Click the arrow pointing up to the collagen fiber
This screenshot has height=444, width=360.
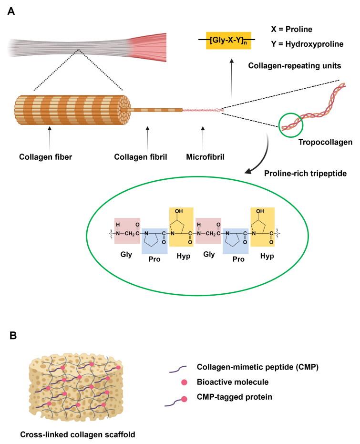click(x=50, y=138)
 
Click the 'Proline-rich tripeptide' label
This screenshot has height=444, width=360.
click(x=306, y=172)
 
